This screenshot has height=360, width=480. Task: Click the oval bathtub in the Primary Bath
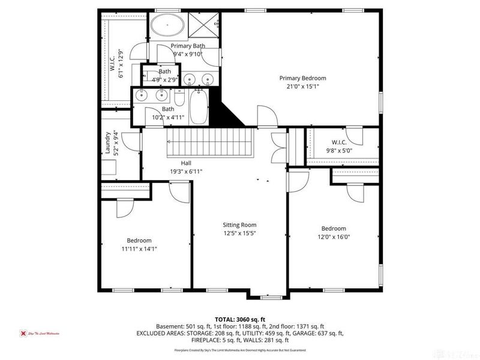(167, 26)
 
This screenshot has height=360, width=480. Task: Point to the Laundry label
(109, 144)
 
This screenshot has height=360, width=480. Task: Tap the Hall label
(186, 163)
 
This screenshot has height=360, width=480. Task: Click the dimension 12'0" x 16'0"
(334, 236)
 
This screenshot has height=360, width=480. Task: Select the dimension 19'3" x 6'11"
(186, 172)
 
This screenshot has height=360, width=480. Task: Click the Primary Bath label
(188, 46)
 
